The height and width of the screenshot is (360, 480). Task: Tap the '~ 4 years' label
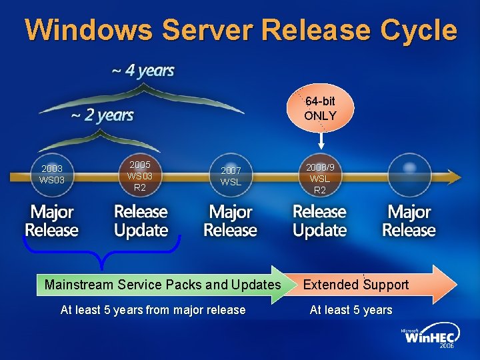point(143,71)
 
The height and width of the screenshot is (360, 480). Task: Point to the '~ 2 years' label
point(103,115)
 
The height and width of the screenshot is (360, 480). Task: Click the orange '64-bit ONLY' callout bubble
point(320,109)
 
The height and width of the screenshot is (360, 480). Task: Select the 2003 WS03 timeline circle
point(51,175)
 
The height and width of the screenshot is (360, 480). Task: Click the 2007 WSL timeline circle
point(231,177)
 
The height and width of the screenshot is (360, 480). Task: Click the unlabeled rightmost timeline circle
point(409,175)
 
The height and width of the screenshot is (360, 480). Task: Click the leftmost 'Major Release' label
point(52,221)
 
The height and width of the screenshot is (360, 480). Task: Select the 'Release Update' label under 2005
point(141,221)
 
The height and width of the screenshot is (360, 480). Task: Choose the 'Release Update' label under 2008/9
point(320,221)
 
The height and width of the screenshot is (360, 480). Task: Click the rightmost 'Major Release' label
point(409,221)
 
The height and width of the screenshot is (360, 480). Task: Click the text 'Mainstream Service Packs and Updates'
point(163,285)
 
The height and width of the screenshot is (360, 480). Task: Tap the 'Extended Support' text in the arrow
point(356,285)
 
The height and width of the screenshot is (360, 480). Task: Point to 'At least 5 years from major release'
point(153,309)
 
